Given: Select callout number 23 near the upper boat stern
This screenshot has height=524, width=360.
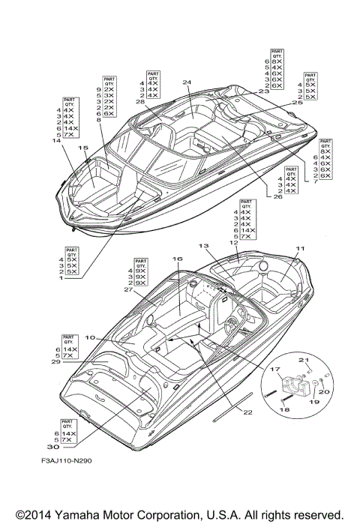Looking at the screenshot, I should tap(263, 91).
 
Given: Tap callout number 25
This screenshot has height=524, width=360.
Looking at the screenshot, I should tap(298, 103).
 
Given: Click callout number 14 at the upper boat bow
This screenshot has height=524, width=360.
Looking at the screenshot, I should tap(55, 140).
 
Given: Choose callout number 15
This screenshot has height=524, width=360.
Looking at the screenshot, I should tap(82, 148).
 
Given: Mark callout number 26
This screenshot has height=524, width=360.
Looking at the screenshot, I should tap(277, 197).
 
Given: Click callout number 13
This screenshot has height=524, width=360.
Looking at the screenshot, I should tap(202, 246).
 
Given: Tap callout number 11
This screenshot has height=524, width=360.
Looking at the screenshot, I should tap(299, 247).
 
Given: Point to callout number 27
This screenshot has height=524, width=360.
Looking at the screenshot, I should tap(128, 289).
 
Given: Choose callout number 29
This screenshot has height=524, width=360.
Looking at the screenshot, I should tap(55, 361).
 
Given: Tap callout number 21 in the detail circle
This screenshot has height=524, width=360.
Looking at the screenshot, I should tap(304, 361).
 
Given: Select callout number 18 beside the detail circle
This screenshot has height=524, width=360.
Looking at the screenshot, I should tap(283, 410).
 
